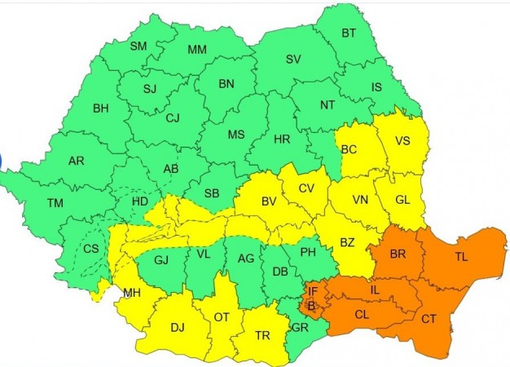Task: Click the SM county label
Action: tap(138, 46)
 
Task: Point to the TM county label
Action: tap(55, 203)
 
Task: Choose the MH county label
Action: tap(130, 293)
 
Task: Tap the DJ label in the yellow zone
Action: tap(177, 328)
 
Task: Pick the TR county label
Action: tap(262, 334)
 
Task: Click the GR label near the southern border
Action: tap(299, 327)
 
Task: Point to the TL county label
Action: tap(461, 257)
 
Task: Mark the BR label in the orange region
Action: tap(398, 254)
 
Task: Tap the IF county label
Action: tap(312, 291)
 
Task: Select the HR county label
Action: tap(282, 139)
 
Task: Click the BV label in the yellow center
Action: tap(269, 201)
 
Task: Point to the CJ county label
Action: tap(172, 117)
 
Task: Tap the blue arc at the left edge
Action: tap(2, 160)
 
